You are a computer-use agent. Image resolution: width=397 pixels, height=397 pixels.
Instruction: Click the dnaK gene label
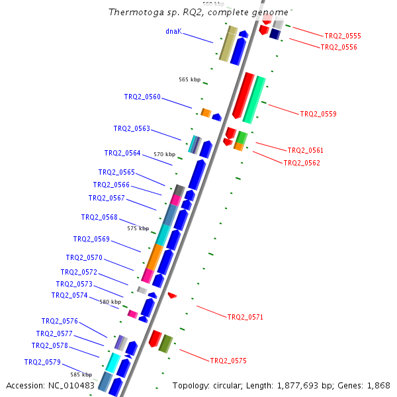click(173, 31)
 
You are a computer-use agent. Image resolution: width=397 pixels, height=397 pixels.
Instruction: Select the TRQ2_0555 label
click(343, 36)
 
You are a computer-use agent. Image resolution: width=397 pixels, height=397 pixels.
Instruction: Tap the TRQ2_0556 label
click(339, 47)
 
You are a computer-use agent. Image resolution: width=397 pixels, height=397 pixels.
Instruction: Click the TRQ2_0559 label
click(318, 114)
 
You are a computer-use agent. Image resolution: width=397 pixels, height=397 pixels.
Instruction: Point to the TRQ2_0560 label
click(142, 97)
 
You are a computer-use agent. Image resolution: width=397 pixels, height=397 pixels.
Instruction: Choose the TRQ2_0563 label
click(132, 128)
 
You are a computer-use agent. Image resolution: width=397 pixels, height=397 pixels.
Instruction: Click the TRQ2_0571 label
click(245, 317)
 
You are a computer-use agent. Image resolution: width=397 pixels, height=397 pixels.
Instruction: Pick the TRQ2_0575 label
click(228, 361)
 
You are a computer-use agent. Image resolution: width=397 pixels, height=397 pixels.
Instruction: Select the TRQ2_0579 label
click(42, 362)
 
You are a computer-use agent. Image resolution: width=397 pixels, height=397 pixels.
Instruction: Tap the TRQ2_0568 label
click(99, 217)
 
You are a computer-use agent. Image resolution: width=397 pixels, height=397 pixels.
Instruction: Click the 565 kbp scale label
click(189, 79)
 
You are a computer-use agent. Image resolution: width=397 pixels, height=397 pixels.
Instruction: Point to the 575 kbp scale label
click(138, 228)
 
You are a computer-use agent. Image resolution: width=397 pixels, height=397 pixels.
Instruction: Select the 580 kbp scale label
click(110, 302)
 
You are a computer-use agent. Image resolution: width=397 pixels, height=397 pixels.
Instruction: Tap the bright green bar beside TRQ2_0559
click(254, 100)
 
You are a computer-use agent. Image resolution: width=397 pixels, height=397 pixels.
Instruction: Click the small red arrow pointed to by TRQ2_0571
click(172, 294)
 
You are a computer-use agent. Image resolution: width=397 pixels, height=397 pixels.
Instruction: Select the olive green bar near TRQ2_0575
click(165, 343)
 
